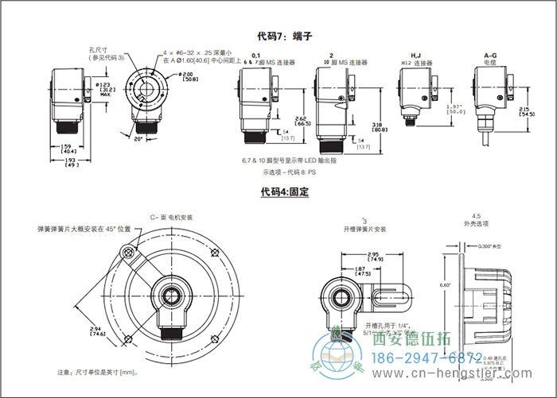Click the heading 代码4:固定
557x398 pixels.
(284, 191)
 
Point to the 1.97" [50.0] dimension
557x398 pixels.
(455, 109)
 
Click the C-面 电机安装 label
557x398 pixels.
(172, 216)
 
